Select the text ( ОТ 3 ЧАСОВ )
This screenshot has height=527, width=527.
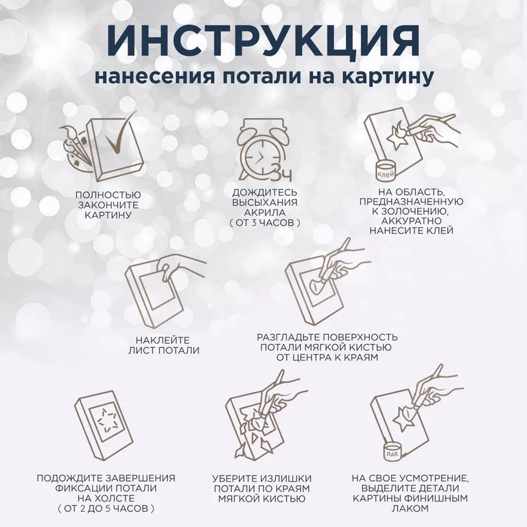[x=265, y=224]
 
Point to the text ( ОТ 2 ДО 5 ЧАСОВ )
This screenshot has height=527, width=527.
[x=106, y=508]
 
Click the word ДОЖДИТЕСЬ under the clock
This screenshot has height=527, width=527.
[x=265, y=193]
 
